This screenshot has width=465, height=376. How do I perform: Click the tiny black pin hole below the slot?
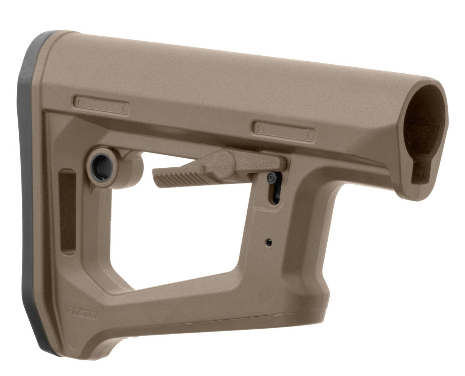[269, 243]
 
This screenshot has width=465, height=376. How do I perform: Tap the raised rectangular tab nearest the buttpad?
[101, 105]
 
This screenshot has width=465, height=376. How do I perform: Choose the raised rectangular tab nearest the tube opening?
[284, 131]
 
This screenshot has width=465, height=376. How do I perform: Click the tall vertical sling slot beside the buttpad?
[68, 212]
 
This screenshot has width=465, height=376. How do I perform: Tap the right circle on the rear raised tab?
[125, 109]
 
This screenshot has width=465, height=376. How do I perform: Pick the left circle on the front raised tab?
[259, 128]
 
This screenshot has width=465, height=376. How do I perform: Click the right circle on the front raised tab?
[310, 135]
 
